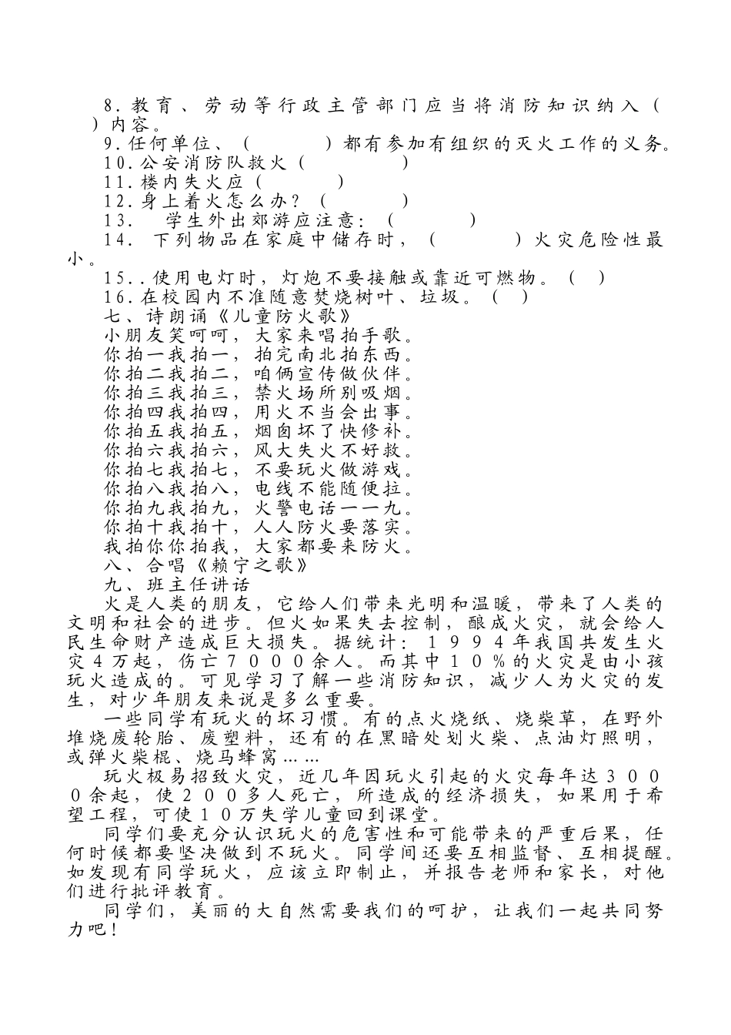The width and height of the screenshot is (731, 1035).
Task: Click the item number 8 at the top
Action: pos(109,106)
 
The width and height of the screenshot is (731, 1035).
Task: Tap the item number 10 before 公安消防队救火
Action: pos(114,163)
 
